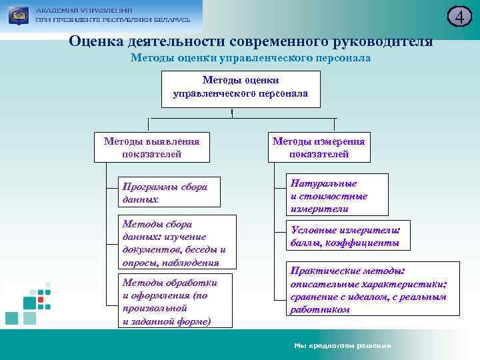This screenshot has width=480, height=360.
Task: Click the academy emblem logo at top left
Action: [18, 15]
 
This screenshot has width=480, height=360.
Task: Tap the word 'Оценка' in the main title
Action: [95, 41]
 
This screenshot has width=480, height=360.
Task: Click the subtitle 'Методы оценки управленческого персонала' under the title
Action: [251, 59]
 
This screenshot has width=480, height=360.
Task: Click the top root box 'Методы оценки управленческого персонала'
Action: [241, 88]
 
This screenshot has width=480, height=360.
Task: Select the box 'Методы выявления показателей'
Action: [151, 147]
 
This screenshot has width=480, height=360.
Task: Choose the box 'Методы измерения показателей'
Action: [319, 147]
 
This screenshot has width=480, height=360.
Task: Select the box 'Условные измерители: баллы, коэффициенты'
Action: [347, 237]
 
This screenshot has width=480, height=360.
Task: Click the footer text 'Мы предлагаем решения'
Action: [342, 345]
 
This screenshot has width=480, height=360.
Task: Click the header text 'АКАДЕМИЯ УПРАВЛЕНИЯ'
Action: [83, 11]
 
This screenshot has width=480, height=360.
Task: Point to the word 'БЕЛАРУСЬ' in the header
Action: [167, 20]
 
